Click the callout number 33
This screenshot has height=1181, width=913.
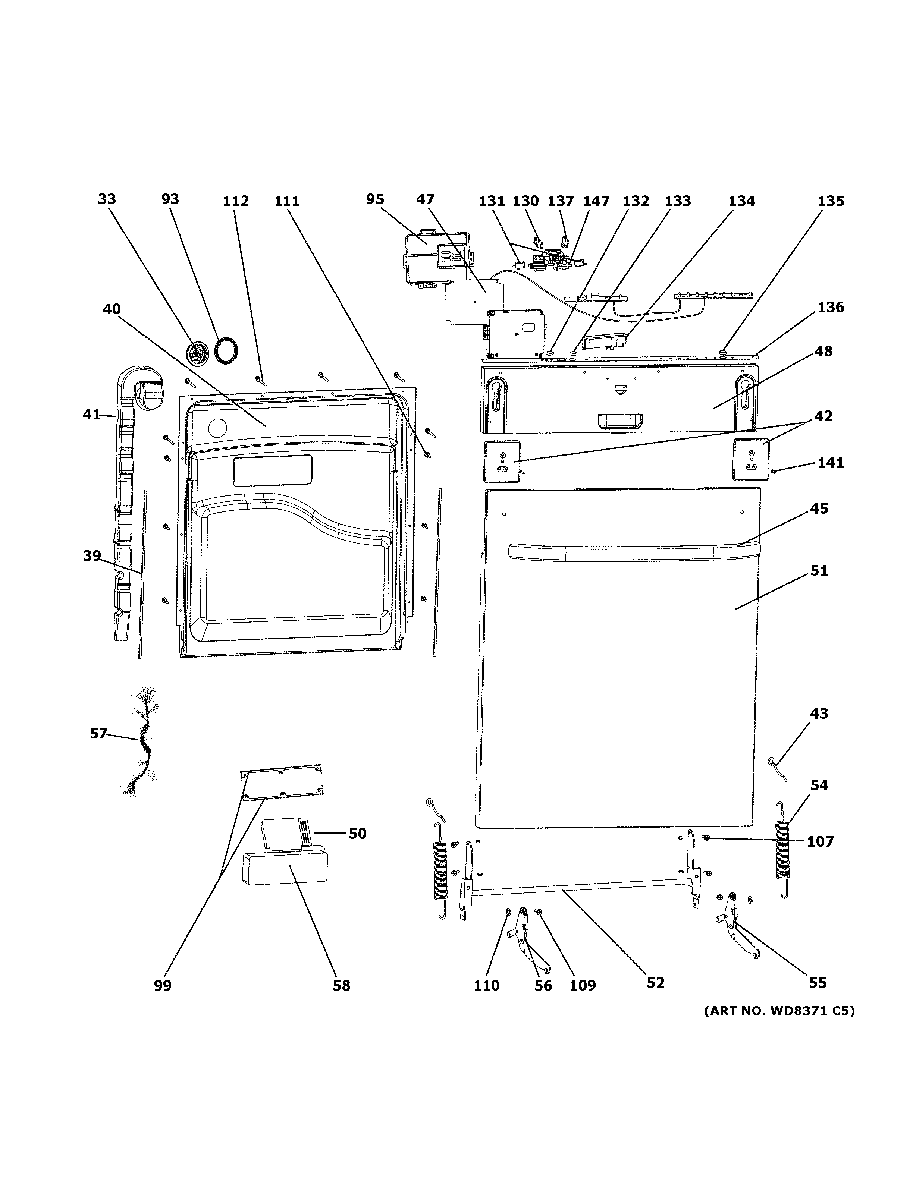[107, 199]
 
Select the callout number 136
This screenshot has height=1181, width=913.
[830, 307]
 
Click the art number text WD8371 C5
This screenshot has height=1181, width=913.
[779, 1011]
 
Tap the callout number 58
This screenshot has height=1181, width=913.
[341, 985]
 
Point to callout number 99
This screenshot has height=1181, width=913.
[162, 985]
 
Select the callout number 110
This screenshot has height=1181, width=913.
[486, 985]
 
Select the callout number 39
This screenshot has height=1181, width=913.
[92, 555]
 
